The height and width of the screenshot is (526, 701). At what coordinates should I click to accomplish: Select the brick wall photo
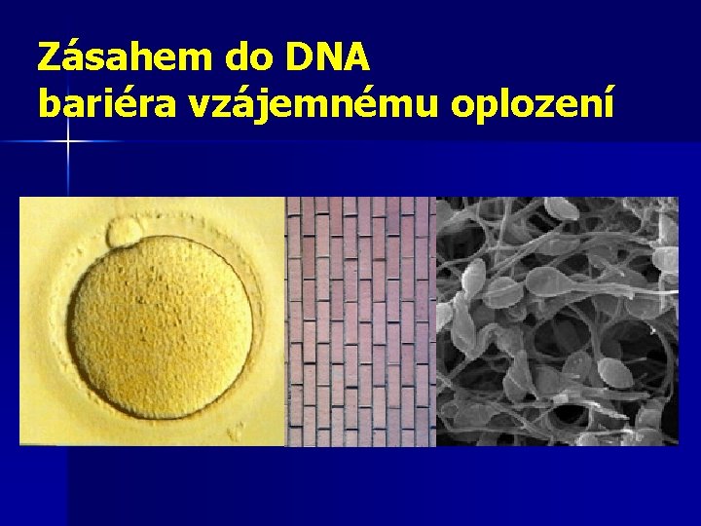pos(360,321)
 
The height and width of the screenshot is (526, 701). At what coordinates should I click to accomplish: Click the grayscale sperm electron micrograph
pos(557,321)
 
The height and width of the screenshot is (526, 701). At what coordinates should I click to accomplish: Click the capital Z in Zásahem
pos(50,59)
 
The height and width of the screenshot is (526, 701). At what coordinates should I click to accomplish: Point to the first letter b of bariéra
pos(48,102)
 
